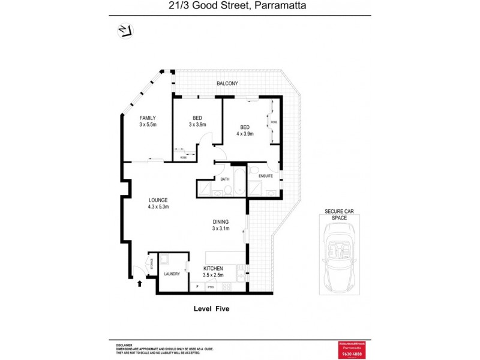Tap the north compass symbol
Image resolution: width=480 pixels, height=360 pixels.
126,31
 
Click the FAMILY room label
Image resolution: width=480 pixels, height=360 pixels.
148,118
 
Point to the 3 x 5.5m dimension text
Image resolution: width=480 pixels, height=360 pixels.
148,125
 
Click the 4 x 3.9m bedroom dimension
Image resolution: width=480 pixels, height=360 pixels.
245,134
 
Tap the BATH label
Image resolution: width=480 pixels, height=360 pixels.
225,179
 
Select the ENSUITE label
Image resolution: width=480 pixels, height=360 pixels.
266,176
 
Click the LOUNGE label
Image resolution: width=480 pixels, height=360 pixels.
158,200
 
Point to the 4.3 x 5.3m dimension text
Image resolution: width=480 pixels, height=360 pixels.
158,208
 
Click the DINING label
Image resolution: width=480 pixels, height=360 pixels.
220,221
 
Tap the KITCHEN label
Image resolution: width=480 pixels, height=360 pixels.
213,268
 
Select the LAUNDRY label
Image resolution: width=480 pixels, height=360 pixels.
172,274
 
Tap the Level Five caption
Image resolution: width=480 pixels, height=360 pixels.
211,309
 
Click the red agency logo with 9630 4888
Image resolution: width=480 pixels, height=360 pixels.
352,349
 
